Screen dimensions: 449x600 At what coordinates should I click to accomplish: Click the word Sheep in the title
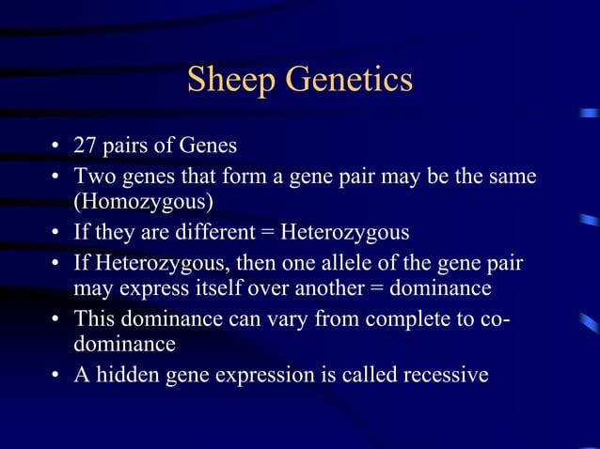point(231,80)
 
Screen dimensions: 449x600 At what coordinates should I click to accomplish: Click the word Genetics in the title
point(349,80)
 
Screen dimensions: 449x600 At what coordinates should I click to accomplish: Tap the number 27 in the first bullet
point(86,147)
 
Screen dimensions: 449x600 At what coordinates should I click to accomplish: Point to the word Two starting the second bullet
point(93,175)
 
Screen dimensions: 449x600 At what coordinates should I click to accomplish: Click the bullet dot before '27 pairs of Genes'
point(56,147)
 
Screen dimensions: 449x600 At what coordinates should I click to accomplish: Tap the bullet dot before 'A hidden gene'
point(56,376)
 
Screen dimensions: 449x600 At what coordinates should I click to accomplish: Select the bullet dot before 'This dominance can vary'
point(56,318)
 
